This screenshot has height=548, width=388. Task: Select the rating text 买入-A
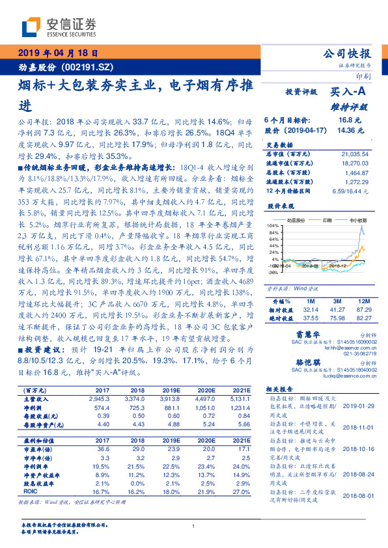pos(351,93)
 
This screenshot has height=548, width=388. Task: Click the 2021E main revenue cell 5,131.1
pos(240,398)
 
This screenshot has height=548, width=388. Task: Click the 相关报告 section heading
pos(281,386)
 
